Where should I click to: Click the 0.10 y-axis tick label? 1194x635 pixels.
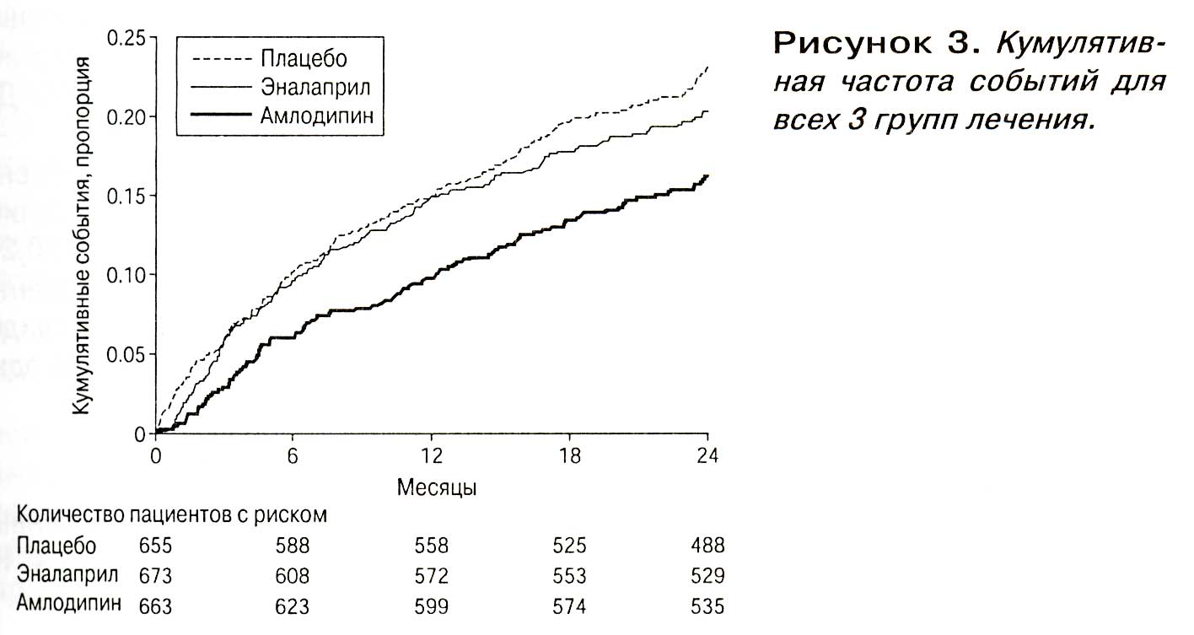pos(126,276)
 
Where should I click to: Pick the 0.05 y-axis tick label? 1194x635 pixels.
pos(126,355)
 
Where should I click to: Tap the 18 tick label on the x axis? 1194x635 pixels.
pos(569,456)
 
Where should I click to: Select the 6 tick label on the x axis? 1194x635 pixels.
pos(293,456)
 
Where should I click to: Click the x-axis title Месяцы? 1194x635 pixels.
pos(437,487)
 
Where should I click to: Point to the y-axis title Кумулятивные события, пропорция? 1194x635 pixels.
pos(81,235)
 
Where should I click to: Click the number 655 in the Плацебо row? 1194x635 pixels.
pos(156,546)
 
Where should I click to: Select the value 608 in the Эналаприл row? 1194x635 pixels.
pos(292,576)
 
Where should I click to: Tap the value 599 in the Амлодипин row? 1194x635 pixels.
pos(431,606)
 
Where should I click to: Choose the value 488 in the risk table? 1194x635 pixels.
pos(707,546)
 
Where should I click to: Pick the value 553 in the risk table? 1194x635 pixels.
pos(569,576)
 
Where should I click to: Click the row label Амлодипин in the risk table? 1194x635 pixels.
pos(69,603)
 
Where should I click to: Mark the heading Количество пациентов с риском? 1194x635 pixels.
pos(172,515)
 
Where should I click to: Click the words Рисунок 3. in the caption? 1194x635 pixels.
pos(878,44)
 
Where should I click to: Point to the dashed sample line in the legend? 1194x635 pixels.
pos(221,59)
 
